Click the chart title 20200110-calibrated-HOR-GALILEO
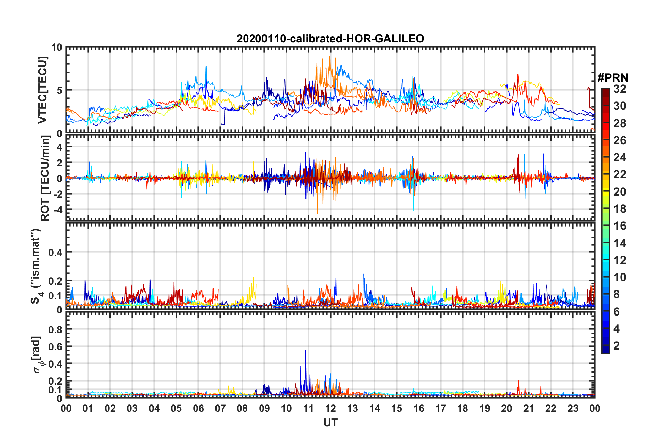(x=330, y=39)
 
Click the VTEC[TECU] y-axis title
(x=42, y=90)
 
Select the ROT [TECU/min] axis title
(x=45, y=178)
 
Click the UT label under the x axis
(x=330, y=423)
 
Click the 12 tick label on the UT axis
(x=330, y=408)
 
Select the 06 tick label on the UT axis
(x=198, y=408)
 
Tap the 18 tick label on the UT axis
(x=463, y=408)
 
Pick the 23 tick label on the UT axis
(x=573, y=408)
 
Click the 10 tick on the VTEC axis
(x=57, y=48)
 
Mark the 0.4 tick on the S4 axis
(x=55, y=252)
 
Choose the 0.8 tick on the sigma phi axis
(x=55, y=329)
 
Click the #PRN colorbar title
(x=613, y=78)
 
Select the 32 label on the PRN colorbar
(x=620, y=89)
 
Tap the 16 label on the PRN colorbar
(x=620, y=226)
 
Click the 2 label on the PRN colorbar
(x=617, y=346)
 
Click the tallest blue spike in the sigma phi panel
(x=305, y=351)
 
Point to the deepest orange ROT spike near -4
(x=317, y=213)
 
